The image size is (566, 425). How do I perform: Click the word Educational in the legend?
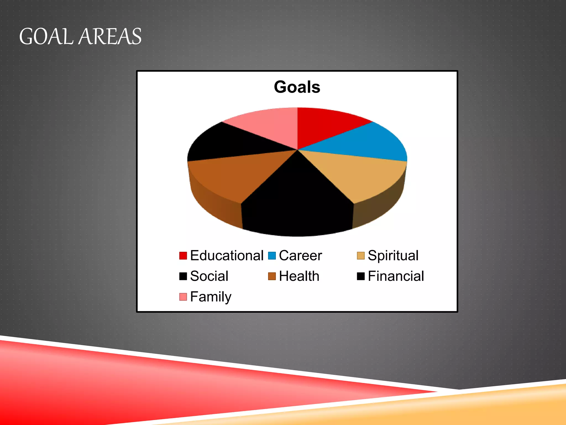[x=227, y=255]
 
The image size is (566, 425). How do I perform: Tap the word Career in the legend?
[x=300, y=255]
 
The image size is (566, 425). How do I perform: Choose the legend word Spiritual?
[x=393, y=255]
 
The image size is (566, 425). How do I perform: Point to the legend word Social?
[x=209, y=276]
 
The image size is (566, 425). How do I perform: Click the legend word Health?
[x=299, y=276]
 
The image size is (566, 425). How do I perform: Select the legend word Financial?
[x=396, y=276]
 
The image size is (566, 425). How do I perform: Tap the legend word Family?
[x=211, y=297]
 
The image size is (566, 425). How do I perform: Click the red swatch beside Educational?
[x=183, y=256]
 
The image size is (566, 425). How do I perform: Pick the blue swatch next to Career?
[x=272, y=256]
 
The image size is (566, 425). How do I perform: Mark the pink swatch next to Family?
[x=183, y=297]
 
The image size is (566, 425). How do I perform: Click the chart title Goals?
[x=297, y=87]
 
